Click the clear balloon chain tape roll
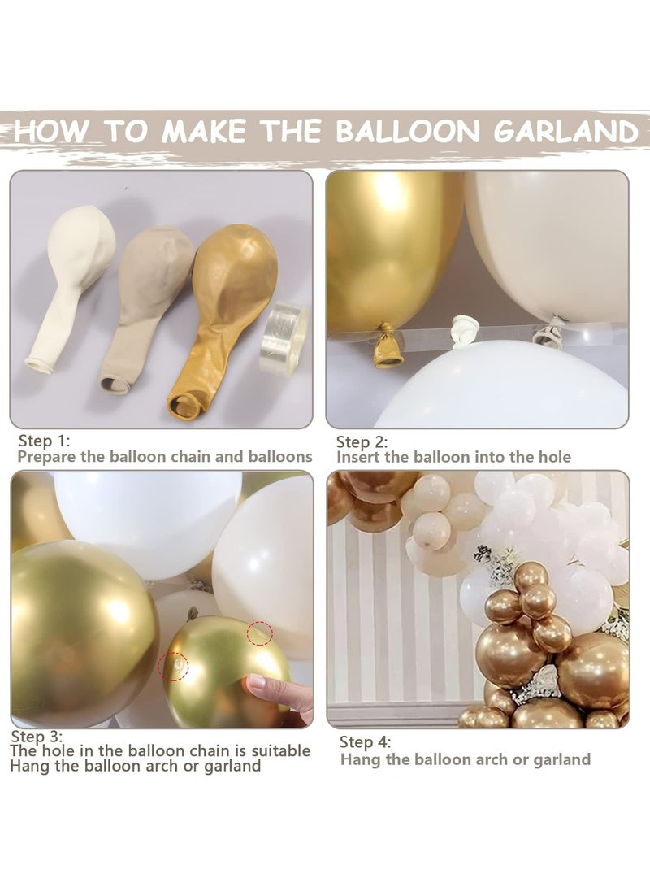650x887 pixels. pos(284,337)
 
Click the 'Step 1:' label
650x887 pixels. pos(45,441)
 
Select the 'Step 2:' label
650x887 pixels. pos(362,442)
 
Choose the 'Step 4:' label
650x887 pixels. pos(366,741)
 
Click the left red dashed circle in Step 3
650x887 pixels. pos(172,666)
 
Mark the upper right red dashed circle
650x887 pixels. pos(259,633)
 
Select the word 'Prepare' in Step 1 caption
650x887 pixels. pos(48,456)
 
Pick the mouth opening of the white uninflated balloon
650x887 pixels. pos(39,364)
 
